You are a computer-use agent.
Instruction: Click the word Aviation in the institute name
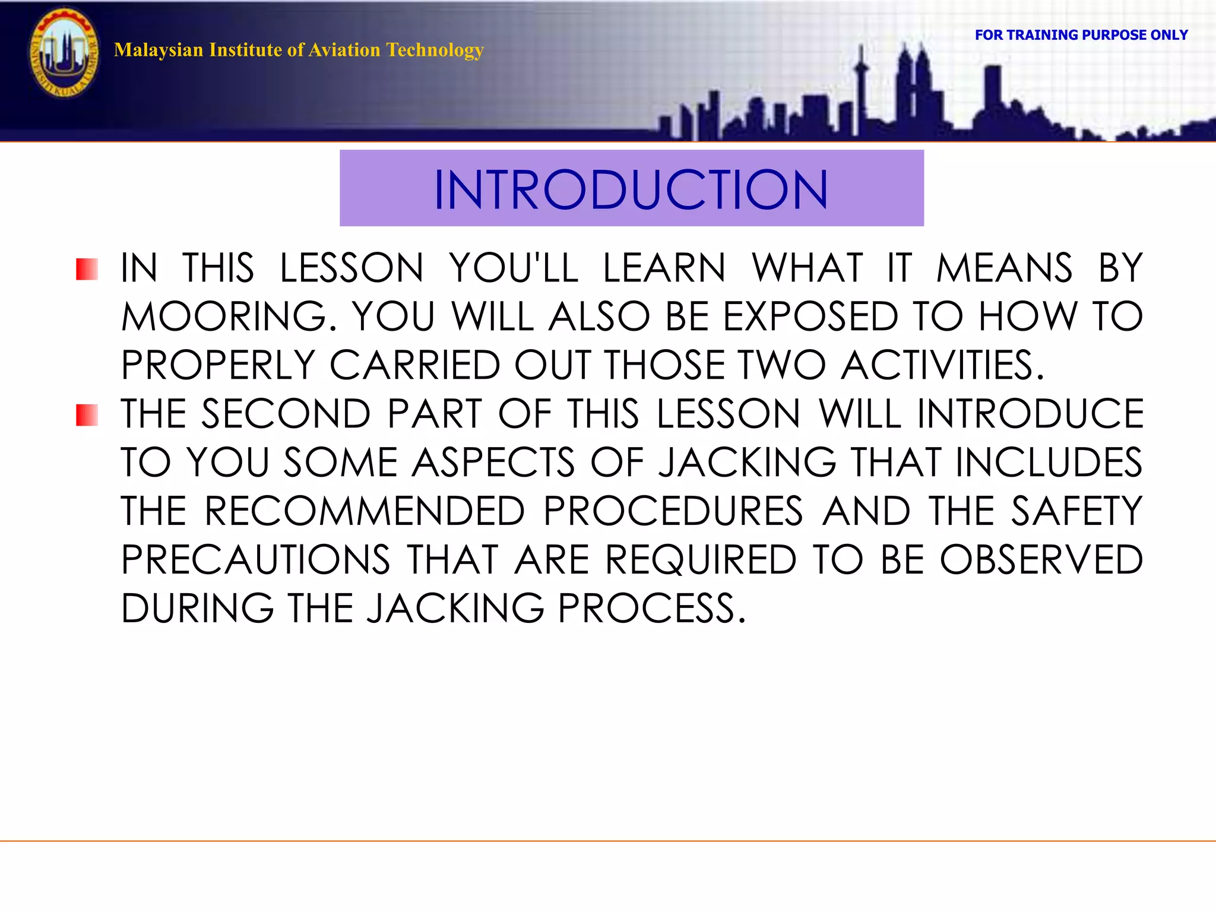pos(344,50)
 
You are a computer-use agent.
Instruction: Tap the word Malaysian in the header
pos(158,50)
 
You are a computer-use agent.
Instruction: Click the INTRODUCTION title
pos(631,189)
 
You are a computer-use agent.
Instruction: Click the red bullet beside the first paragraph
pos(87,269)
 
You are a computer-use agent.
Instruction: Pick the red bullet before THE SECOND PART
pos(87,415)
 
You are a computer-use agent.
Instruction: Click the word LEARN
pos(664,268)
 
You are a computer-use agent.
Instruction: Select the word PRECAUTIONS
pos(256,560)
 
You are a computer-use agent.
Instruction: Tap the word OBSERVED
pos(1041,560)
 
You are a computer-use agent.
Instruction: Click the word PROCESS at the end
pos(651,609)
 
